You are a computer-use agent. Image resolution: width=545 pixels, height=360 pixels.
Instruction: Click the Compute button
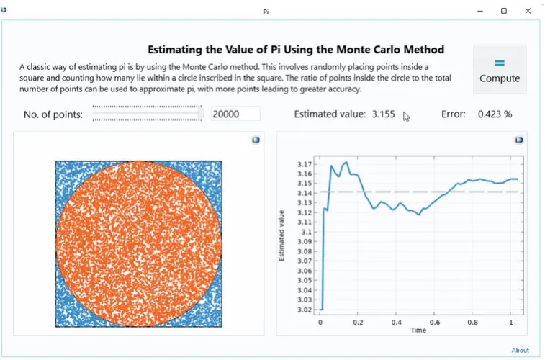500,69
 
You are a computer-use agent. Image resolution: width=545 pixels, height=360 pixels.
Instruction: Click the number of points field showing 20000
235,114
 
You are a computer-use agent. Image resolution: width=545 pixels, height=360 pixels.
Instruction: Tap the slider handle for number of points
201,113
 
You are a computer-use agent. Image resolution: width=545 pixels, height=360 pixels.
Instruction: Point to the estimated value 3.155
383,114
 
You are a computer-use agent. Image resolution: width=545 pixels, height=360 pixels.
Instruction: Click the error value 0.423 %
495,114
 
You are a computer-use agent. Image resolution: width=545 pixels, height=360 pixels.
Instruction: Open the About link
520,351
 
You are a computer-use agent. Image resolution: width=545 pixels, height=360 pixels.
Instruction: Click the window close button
529,11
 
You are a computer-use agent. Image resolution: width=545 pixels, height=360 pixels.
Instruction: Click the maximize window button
504,11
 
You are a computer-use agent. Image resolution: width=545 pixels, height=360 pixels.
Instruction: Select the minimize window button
479,11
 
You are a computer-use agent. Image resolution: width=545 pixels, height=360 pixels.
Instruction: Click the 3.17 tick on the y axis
305,164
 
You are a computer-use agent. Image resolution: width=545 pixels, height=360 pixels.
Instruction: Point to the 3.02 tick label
305,310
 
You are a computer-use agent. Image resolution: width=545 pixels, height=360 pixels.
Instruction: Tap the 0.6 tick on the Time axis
434,322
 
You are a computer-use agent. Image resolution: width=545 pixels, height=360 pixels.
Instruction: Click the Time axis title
418,330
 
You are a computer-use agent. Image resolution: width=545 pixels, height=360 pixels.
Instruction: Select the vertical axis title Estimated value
282,235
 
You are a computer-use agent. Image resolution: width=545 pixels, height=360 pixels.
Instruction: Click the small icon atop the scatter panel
256,140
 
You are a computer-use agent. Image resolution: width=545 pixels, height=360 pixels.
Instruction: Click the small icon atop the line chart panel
519,140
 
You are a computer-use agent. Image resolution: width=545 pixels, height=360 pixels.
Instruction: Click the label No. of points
53,114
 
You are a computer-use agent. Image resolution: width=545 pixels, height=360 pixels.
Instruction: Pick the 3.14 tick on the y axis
305,193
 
